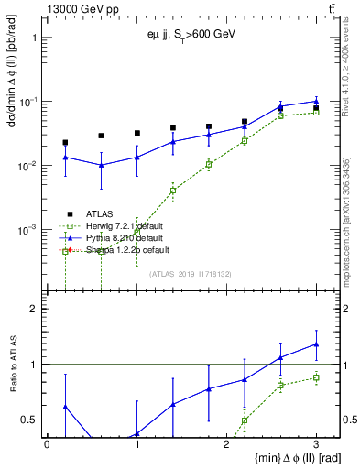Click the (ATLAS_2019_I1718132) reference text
point(191,274)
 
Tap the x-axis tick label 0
point(47,442)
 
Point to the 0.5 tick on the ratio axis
point(30,420)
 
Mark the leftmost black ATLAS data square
point(65,143)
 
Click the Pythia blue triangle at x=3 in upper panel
point(316,101)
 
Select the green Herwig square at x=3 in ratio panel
point(316,377)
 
